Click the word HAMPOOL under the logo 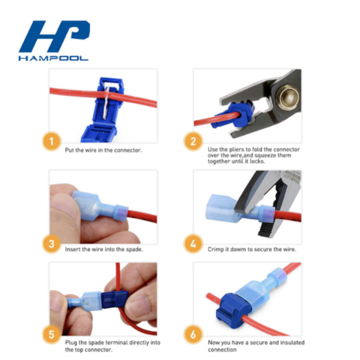pos(55,57)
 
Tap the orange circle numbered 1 pos(52,140)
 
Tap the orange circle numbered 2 pos(193,140)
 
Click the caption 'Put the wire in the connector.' pos(103,150)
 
